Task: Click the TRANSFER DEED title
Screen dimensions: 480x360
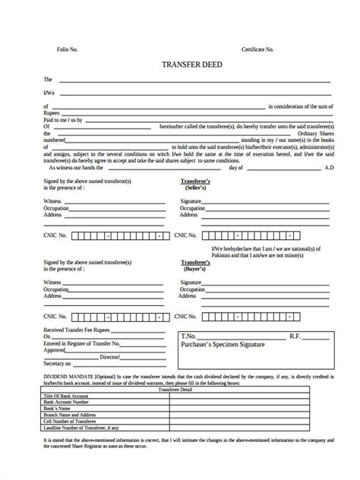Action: pyautogui.click(x=179, y=65)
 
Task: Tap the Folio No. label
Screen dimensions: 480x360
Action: pyautogui.click(x=67, y=49)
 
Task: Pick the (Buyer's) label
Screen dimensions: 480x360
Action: pyautogui.click(x=196, y=269)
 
